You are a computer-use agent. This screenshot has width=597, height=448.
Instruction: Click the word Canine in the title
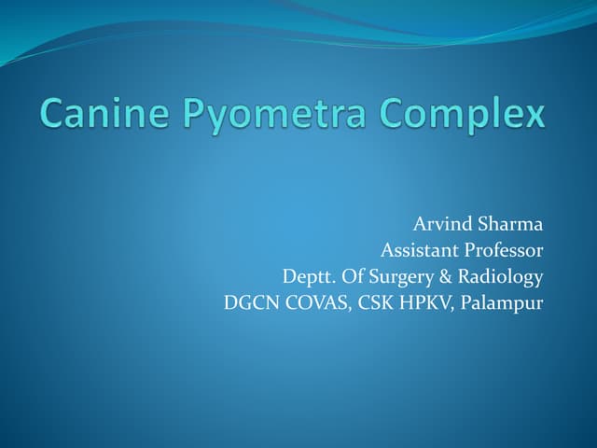coord(101,116)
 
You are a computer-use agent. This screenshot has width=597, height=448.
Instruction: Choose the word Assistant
coord(417,251)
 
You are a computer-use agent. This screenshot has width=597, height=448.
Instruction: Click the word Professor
coord(501,251)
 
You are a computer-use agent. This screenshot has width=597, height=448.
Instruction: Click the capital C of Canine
coord(54,116)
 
